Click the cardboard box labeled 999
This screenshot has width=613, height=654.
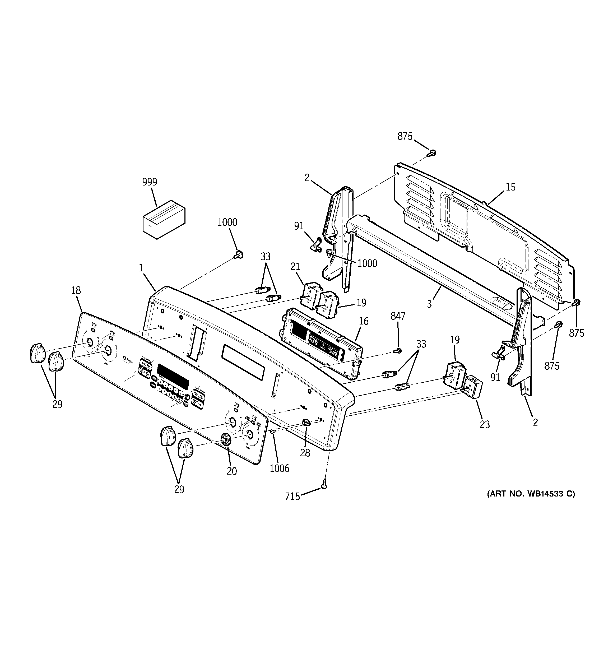click(x=164, y=219)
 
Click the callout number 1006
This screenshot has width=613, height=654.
click(x=279, y=468)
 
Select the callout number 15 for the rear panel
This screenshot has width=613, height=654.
click(x=510, y=187)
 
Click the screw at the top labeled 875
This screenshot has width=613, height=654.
click(x=432, y=153)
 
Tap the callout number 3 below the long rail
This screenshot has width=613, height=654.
click(x=429, y=304)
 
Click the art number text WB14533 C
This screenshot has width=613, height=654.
click(x=531, y=503)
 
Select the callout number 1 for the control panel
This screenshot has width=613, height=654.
click(x=141, y=268)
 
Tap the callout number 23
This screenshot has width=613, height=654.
click(x=485, y=424)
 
